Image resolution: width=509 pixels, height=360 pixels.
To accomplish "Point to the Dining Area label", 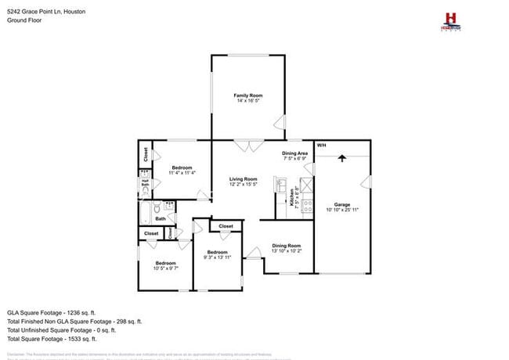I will pyautogui.click(x=294, y=154).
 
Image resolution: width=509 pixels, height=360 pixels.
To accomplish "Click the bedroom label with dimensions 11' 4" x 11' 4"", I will pyautogui.click(x=182, y=170).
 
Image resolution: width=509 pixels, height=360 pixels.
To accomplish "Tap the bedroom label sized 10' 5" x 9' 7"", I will pyautogui.click(x=165, y=265).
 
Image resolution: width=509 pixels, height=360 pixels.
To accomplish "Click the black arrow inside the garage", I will pyautogui.click(x=341, y=158).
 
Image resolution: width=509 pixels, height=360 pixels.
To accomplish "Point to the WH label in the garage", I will pyautogui.click(x=321, y=146).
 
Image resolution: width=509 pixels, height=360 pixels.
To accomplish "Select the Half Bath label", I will pyautogui.click(x=145, y=185).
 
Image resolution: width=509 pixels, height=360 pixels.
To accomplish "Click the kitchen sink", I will pyautogui.click(x=280, y=185).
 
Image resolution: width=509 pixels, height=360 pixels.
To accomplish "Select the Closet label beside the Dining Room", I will pyautogui.click(x=226, y=226).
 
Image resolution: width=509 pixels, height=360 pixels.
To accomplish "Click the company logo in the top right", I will pyautogui.click(x=450, y=21).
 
